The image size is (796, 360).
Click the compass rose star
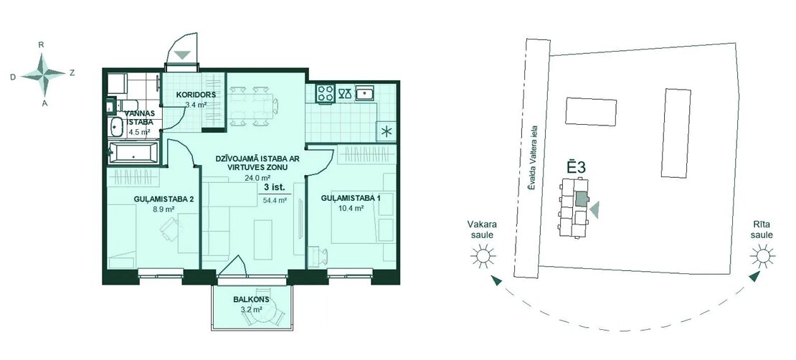pos(44,74)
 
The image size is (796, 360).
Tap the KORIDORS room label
pos(196,95)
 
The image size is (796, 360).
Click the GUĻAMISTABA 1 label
pos(350,198)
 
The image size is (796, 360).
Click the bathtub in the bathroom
pos(133,153)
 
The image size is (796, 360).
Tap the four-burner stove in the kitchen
pos(326,93)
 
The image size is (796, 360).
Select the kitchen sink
pos(365,93)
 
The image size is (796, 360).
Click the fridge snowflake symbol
pos(387,132)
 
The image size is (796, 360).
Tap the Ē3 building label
pos(577,167)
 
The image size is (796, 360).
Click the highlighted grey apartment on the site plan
pos(580,199)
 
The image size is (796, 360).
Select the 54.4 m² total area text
pos(275,200)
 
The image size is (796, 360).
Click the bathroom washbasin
pos(116,127)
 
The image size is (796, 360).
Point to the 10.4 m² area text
pos(350,208)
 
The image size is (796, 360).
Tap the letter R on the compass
pos(41,44)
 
